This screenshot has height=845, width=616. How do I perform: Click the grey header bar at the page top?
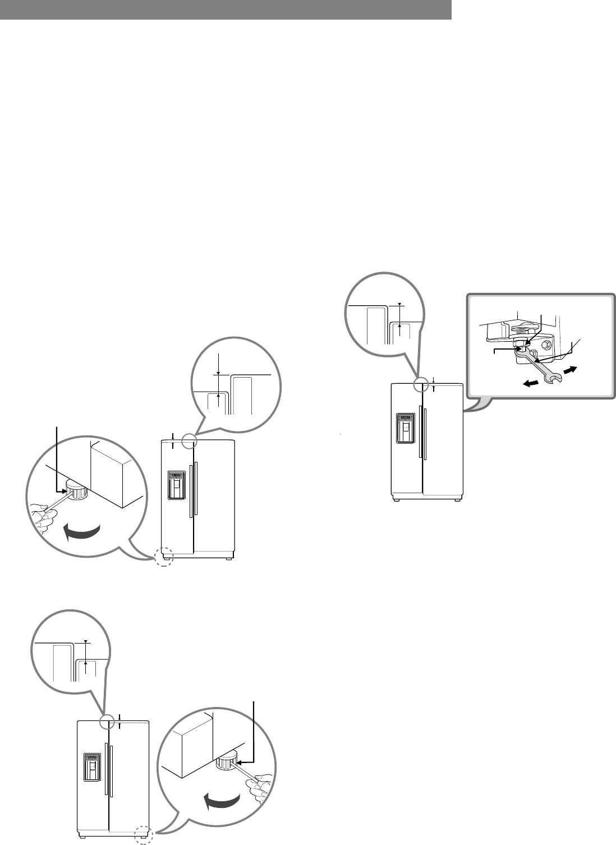pos(226,10)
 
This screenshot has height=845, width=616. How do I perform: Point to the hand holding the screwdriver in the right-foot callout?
pos(261,786)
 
